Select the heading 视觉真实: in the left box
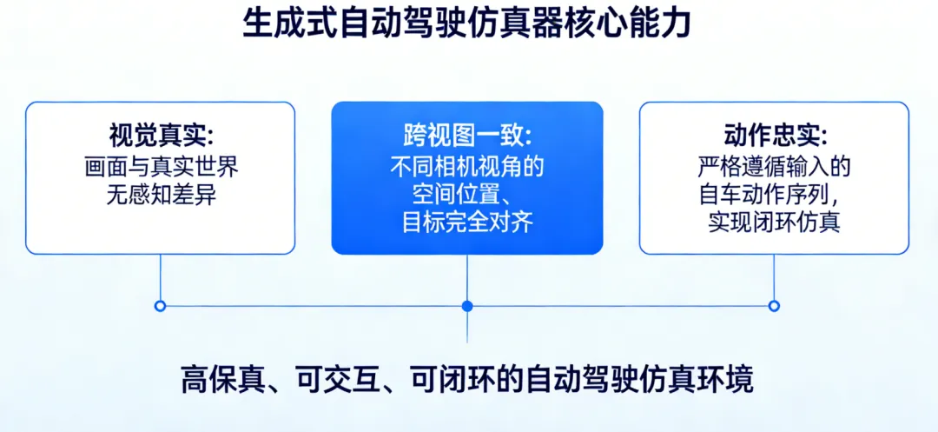click(161, 136)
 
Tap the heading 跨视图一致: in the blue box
click(467, 136)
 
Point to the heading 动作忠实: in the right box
click(775, 136)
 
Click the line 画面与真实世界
click(161, 166)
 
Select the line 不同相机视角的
click(467, 166)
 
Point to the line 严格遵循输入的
click(775, 166)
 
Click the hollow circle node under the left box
click(160, 306)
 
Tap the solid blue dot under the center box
click(467, 306)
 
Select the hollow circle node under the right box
click(774, 306)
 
